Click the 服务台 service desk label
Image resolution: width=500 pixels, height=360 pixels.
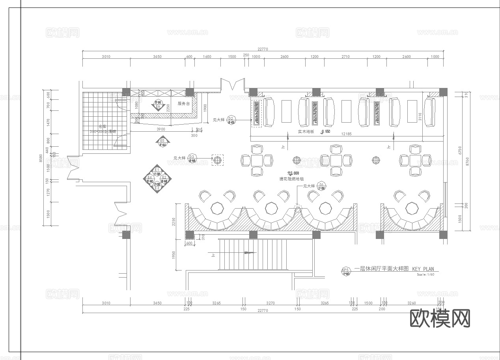click(184, 104)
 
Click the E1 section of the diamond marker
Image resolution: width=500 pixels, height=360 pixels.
click(157, 170)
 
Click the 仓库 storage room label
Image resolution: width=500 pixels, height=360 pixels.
click(103, 127)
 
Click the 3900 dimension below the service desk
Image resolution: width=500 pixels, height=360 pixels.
click(161, 129)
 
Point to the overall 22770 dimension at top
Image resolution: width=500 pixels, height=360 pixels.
click(263, 49)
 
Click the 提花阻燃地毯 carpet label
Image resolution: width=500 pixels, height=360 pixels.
click(291, 179)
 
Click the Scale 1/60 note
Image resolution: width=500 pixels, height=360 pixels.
click(425, 274)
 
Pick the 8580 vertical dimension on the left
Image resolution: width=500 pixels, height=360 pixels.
click(41, 158)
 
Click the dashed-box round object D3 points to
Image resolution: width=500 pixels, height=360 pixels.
click(217, 160)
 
